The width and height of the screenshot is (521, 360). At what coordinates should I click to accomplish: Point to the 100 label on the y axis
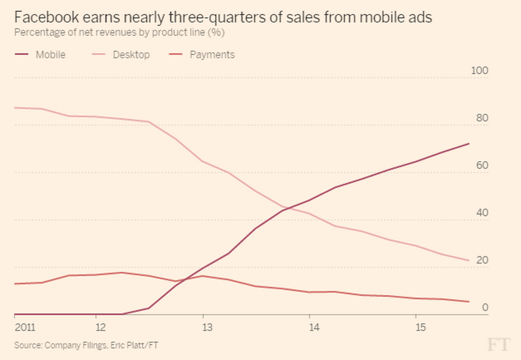click(479, 70)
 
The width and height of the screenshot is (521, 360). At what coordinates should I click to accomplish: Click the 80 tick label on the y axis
click(482, 118)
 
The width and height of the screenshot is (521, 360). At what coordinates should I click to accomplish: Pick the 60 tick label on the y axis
click(482, 165)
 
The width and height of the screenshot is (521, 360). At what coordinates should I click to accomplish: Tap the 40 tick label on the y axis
click(482, 213)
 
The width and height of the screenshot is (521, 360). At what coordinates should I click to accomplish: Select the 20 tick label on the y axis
click(482, 260)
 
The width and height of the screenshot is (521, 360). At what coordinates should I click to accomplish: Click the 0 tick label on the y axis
click(484, 308)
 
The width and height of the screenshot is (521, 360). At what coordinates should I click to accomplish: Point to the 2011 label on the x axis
click(25, 327)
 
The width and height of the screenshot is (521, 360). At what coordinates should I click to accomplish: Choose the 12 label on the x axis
click(101, 327)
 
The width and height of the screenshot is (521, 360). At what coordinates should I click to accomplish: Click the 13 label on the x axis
click(208, 327)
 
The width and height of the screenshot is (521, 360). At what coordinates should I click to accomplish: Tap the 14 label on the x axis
click(315, 327)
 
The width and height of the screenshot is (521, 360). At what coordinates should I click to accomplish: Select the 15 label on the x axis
click(421, 327)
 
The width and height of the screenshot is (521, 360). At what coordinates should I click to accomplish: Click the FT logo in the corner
click(499, 345)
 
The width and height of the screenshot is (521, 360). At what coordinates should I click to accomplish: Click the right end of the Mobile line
click(469, 144)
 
